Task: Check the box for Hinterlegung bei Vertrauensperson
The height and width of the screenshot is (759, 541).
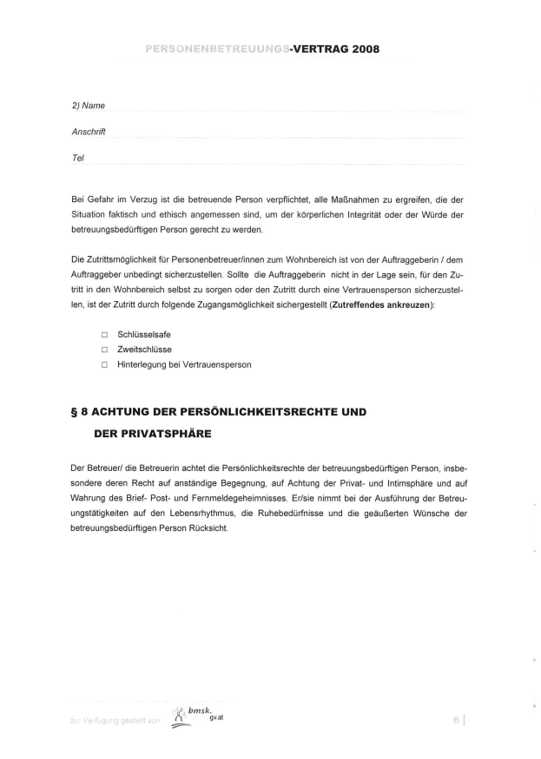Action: coord(103,365)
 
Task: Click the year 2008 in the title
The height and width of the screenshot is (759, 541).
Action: coord(360,49)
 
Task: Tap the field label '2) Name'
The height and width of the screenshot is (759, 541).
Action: coord(89,105)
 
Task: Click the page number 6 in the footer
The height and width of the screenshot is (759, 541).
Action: coord(456,719)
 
